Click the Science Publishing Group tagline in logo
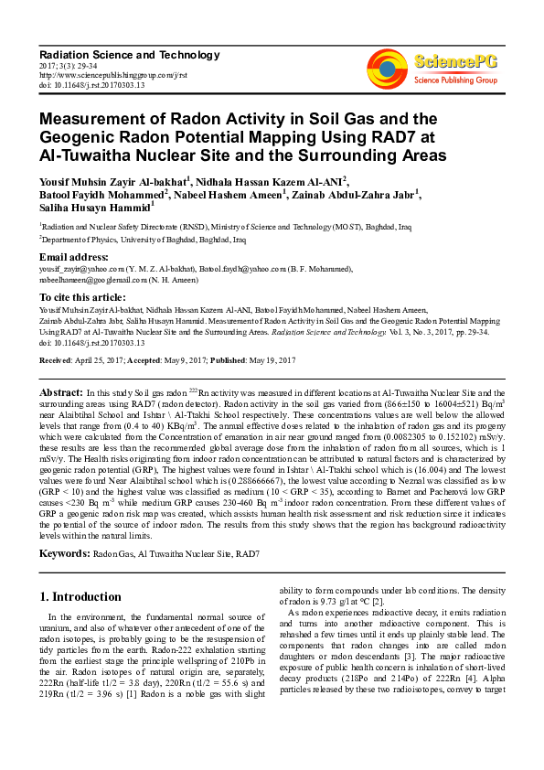pos(454,80)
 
